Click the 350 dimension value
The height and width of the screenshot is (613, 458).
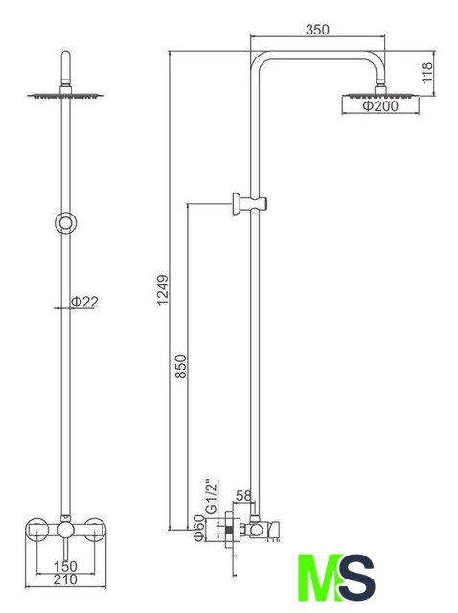(317, 30)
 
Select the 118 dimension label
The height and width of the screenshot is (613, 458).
(426, 73)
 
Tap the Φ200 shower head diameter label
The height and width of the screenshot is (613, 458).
(380, 105)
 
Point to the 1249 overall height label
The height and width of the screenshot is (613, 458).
(162, 289)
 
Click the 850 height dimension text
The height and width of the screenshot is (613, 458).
(181, 366)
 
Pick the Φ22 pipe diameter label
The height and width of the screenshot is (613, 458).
(84, 302)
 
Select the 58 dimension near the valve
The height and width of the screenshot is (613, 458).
(243, 496)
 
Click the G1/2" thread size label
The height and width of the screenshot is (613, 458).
(211, 496)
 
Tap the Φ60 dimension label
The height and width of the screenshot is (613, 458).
(198, 529)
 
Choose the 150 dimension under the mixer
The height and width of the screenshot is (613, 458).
(65, 566)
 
